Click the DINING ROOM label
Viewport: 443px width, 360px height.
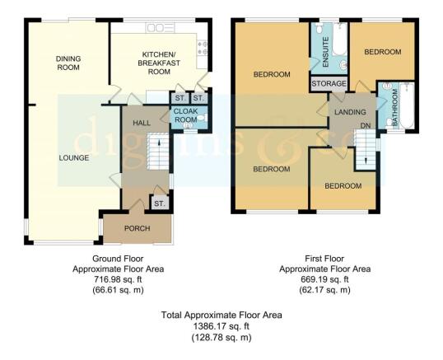coord(68,63)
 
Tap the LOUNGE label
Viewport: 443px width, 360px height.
coord(74,157)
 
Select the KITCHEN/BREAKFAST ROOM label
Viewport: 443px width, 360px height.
coord(159,63)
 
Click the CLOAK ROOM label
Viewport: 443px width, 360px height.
coord(185,115)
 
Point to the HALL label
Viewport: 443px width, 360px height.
coord(142,123)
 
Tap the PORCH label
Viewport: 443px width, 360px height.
coord(138,228)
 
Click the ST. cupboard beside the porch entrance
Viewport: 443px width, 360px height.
coord(160,203)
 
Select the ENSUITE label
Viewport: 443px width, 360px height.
coord(325,52)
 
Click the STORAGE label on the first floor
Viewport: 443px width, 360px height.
coord(329,84)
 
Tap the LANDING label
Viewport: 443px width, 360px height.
coord(350,112)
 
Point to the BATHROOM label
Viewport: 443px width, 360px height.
coord(395,107)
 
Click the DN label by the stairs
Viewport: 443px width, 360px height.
coord(366,125)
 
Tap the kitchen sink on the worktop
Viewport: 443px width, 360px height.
coord(161,28)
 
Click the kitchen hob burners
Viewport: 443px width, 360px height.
coord(203,48)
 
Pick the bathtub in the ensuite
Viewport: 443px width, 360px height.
coord(339,40)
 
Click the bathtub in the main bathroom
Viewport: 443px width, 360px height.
coord(407,105)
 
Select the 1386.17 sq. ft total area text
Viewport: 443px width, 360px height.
coord(221,326)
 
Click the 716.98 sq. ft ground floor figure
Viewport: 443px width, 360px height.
coord(118,279)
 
